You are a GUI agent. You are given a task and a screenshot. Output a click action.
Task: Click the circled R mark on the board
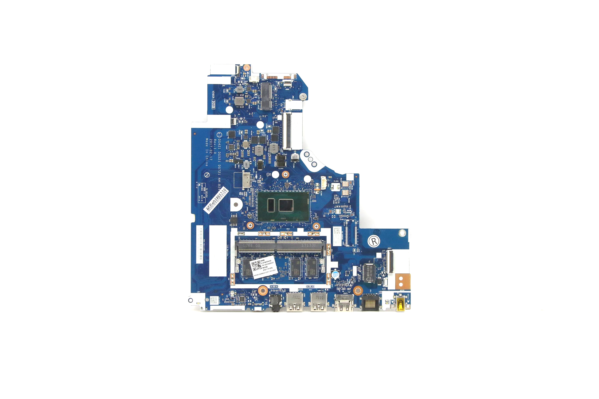pyautogui.click(x=374, y=241)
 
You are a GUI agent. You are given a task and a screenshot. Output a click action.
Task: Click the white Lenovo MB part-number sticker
pyautogui.click(x=264, y=269)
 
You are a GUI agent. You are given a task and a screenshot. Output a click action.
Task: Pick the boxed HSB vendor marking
pyautogui.click(x=213, y=105)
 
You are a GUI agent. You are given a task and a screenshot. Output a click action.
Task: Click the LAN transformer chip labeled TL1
pyautogui.click(x=369, y=273)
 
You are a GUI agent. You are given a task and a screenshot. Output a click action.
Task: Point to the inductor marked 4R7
pyautogui.click(x=246, y=164)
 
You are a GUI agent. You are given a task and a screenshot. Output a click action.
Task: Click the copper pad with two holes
pyautogui.click(x=403, y=282)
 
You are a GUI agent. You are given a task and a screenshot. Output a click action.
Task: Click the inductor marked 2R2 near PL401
pyautogui.click(x=239, y=89)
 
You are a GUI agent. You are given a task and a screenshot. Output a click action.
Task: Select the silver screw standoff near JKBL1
pyautogui.click(x=303, y=96)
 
